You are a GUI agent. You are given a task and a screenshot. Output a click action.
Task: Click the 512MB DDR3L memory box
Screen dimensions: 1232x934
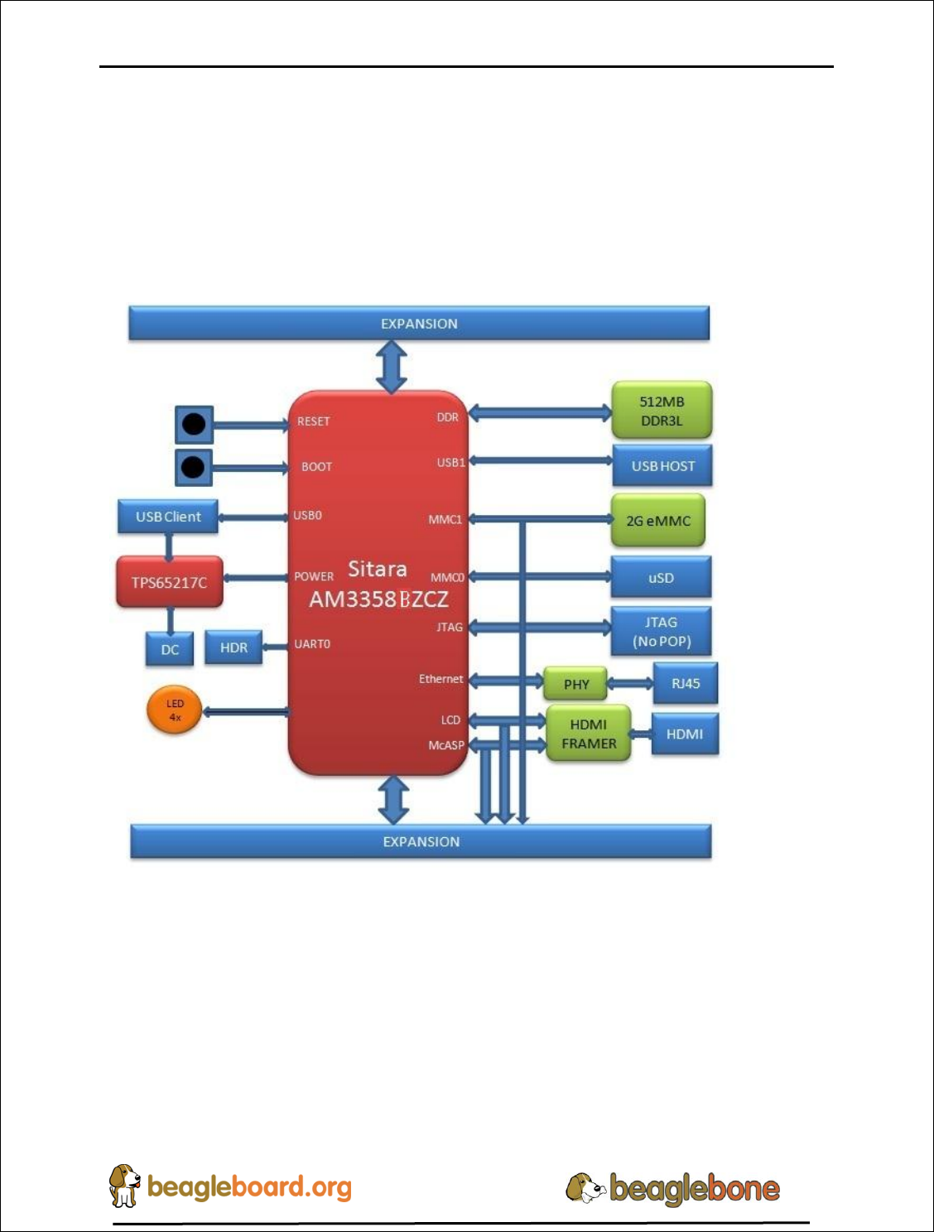[x=661, y=411]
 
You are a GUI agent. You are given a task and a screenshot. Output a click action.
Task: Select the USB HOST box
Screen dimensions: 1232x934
[x=662, y=466]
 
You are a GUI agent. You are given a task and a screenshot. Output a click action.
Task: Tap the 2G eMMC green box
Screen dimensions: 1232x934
[x=657, y=521]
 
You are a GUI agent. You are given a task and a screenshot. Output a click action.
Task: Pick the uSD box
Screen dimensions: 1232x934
[x=661, y=577]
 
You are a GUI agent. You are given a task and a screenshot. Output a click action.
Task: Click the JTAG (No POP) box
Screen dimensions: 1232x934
[x=661, y=632]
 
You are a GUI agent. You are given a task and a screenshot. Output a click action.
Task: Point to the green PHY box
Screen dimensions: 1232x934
[x=575, y=685]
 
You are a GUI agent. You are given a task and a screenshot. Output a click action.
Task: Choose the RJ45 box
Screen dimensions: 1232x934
[x=685, y=683]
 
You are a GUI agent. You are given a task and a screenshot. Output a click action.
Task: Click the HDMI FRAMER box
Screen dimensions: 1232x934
[x=588, y=734]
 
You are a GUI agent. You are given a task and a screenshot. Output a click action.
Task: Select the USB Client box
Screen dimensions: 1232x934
[x=168, y=517]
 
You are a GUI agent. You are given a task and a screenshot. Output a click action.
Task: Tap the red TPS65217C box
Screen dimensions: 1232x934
[x=169, y=582]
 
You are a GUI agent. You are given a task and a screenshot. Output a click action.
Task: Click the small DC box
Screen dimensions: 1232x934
[x=170, y=649]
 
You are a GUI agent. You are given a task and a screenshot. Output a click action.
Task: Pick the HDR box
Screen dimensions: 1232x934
[x=233, y=647]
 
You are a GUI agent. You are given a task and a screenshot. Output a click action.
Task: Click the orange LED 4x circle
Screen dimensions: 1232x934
[x=175, y=710]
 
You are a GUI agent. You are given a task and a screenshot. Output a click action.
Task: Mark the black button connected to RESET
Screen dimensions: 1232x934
[x=194, y=425]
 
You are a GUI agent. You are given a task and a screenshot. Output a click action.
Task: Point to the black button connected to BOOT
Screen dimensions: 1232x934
[x=193, y=467]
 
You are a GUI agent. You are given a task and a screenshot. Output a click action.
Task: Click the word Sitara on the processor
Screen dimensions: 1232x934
[x=377, y=569]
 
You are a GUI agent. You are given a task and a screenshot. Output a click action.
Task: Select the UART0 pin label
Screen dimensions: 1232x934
[x=312, y=644]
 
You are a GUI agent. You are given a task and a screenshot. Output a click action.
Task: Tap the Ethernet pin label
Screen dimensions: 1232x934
[x=441, y=679]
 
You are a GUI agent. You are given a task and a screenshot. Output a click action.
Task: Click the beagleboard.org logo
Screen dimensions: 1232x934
[x=231, y=1186]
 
